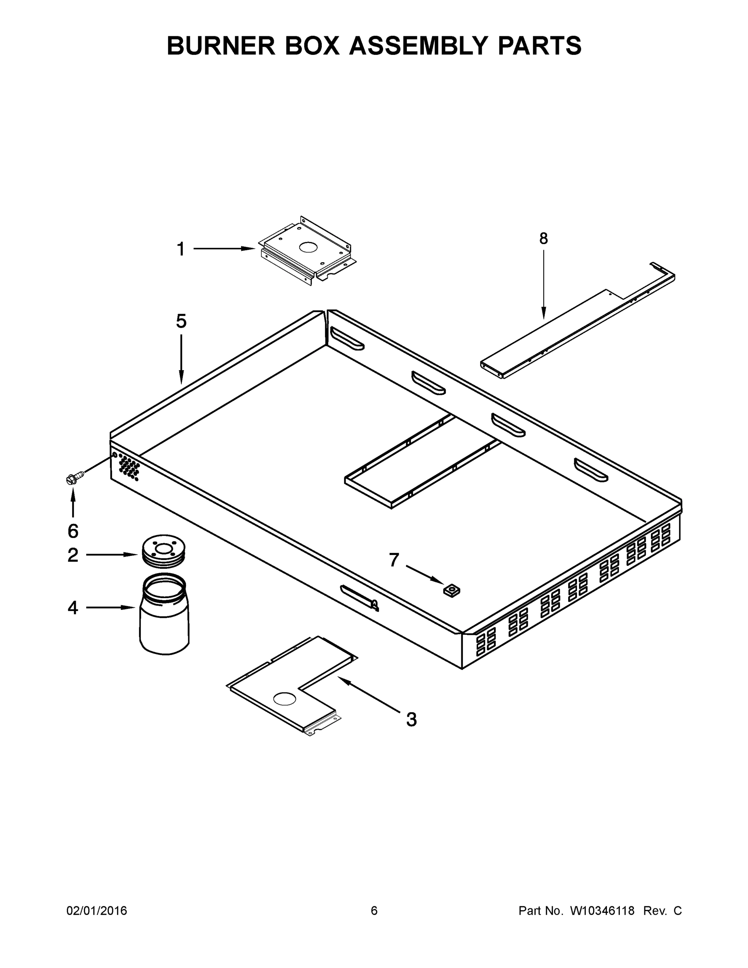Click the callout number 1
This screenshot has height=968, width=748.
pos(181,249)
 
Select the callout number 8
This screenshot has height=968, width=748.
pos(543,239)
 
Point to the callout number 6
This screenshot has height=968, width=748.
pos(73,530)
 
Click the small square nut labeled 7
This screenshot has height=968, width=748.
pos(452,590)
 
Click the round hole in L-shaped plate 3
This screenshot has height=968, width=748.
pos(285,699)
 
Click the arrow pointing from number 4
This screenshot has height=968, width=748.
pos(110,608)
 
